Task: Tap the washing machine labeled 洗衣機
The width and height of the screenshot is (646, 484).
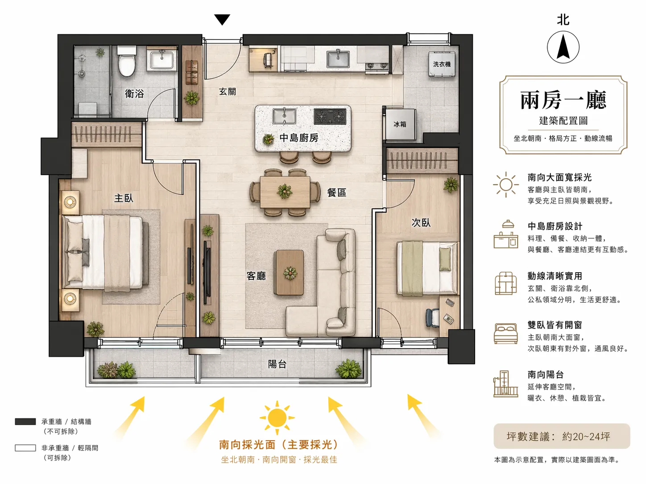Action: tap(442, 65)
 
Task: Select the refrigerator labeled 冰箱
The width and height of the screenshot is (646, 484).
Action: tap(400, 124)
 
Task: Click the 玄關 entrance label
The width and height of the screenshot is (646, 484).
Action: tap(228, 91)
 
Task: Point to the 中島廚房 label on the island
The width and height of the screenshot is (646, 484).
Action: tap(299, 138)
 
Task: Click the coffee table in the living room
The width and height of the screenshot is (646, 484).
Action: tap(289, 272)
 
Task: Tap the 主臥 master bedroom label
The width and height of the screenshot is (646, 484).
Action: tap(124, 198)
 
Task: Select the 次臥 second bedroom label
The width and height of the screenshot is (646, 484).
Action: tap(421, 222)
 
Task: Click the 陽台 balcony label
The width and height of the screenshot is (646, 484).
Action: tap(277, 364)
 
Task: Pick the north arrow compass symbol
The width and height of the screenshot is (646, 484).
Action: tap(563, 47)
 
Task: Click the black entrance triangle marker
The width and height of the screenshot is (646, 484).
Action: tap(222, 19)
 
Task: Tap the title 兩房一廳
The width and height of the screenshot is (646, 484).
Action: tap(563, 100)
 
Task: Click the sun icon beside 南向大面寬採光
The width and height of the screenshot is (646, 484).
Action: tap(505, 185)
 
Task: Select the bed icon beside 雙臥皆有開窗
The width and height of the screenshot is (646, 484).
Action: tap(505, 333)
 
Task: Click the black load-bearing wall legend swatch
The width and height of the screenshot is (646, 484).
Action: tap(25, 422)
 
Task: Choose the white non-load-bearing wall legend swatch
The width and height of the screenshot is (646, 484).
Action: tap(25, 448)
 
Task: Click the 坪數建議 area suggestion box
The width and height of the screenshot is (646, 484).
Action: tap(562, 436)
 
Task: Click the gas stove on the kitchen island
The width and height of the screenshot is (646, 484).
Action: tap(330, 117)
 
